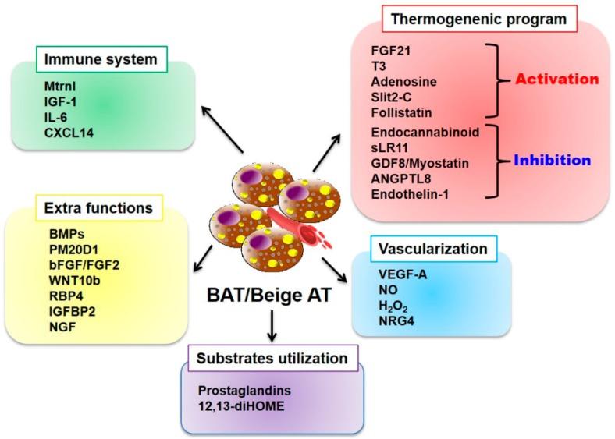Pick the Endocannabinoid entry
tap(425, 132)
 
